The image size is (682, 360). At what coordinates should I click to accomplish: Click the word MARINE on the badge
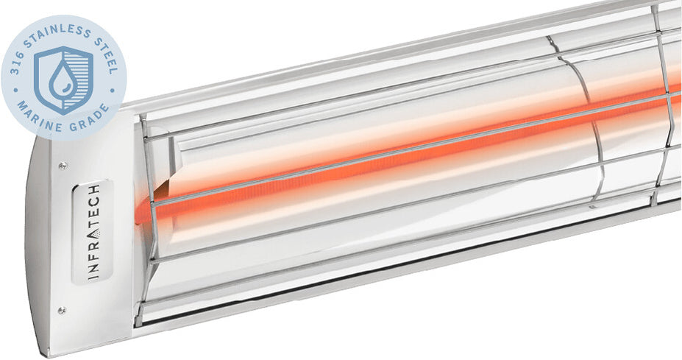coord(35,113)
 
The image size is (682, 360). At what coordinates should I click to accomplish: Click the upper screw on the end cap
coord(63,166)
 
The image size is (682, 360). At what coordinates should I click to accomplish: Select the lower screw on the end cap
coord(63,310)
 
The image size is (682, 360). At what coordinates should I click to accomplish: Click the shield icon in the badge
coord(63,79)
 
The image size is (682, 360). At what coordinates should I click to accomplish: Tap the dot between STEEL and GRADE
coord(113,89)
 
